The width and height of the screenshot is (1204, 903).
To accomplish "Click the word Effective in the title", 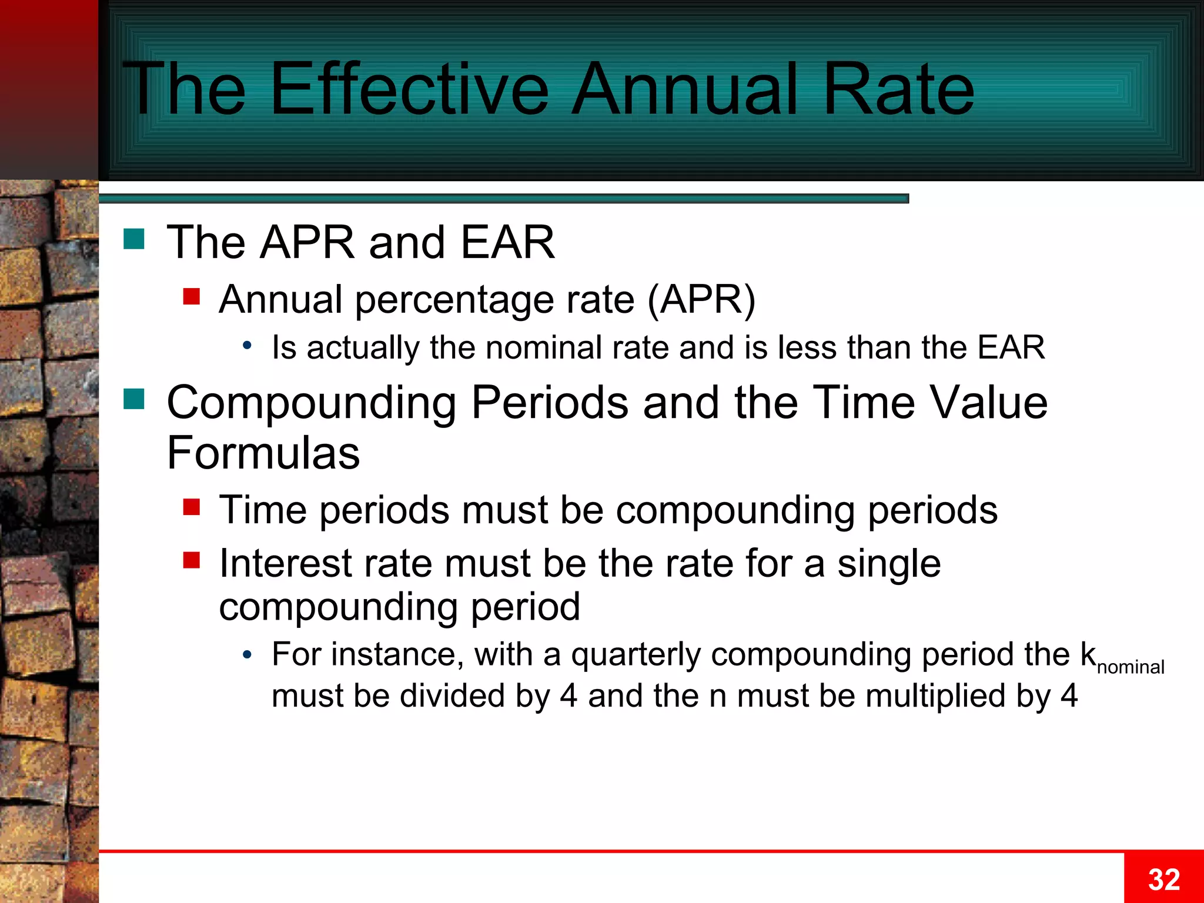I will (409, 89).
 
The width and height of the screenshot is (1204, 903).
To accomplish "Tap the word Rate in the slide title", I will (899, 89).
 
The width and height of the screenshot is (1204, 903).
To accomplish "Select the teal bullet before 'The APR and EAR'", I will (134, 239).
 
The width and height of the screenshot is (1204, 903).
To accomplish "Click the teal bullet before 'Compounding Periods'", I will (134, 399).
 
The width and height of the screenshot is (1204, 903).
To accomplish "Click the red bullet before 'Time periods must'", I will (192, 506).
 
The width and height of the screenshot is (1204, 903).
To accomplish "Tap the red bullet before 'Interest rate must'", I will (192, 560).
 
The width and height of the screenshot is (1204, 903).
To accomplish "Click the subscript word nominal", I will (1130, 667).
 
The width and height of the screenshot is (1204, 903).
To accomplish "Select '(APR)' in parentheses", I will (701, 300).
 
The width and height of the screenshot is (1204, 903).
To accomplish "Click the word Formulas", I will (263, 453).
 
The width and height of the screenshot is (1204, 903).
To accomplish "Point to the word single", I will (889, 563).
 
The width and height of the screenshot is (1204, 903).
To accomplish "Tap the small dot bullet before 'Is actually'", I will (248, 346).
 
